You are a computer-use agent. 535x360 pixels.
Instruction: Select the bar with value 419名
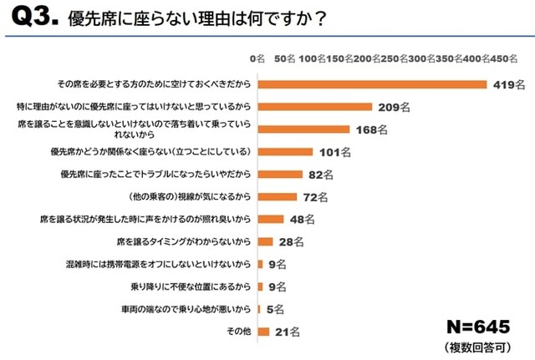pos(372,84)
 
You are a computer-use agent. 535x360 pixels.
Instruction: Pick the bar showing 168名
pos(303,129)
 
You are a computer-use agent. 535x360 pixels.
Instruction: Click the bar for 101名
pos(285,152)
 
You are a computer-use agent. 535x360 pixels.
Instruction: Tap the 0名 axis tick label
pos(257,60)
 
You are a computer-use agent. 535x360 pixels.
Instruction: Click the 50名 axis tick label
pos(285,60)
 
